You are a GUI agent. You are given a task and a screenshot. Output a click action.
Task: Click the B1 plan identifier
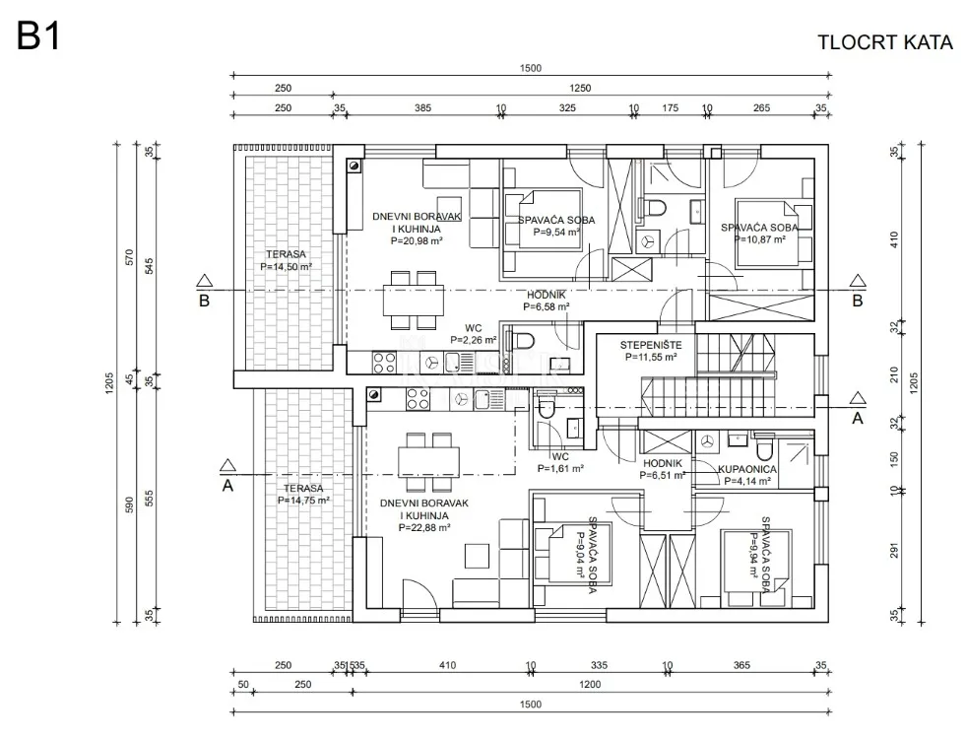click(x=38, y=36)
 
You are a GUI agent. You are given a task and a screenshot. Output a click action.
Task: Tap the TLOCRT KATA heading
click(x=884, y=42)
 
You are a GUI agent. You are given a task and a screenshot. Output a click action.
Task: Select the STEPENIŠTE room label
click(x=651, y=345)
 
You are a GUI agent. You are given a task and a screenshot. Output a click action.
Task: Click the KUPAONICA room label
click(x=747, y=469)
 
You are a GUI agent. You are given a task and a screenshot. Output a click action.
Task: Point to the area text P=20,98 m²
click(x=417, y=241)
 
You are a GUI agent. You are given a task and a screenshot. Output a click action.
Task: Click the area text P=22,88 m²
click(x=424, y=528)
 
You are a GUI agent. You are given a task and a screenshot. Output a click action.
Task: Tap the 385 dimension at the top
click(x=422, y=108)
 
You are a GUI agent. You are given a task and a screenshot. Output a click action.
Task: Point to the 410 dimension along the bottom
click(x=448, y=665)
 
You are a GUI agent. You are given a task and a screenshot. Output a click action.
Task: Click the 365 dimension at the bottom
click(x=741, y=665)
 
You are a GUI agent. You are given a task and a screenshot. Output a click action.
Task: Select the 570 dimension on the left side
click(x=129, y=256)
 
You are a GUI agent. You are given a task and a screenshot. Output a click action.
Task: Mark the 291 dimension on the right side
click(x=894, y=550)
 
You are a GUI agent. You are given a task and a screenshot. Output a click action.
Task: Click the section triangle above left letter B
click(x=205, y=281)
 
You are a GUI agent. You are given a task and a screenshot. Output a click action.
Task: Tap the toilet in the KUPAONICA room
click(x=764, y=449)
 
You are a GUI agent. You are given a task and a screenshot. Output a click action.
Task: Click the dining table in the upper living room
click(x=413, y=301)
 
